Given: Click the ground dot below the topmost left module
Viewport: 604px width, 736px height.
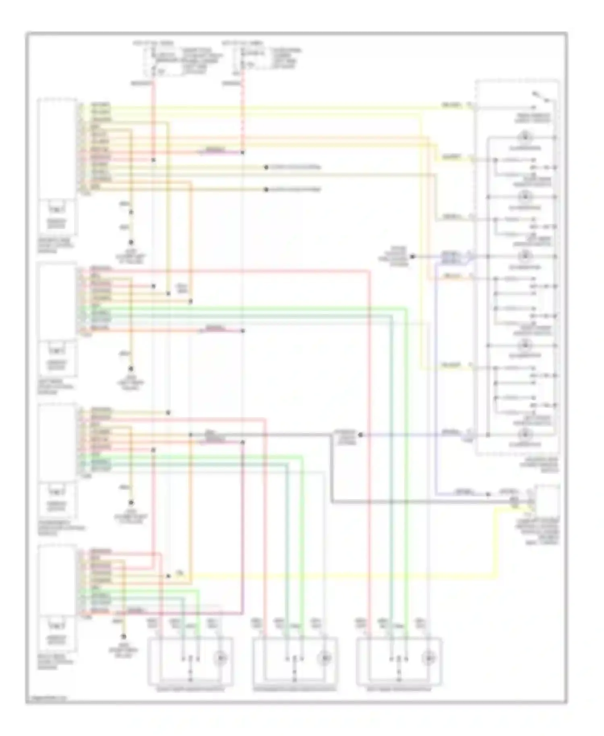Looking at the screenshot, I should coord(131,242).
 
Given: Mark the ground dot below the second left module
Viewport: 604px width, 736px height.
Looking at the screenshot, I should coord(131,369).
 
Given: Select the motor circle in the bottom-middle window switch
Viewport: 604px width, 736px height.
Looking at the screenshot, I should coord(325,659).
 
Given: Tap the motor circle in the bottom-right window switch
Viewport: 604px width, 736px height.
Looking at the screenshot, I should coord(428,659).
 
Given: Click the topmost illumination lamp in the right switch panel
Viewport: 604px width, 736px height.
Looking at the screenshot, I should coord(525,137).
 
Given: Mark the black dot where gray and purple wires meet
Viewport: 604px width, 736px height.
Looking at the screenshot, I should coord(361,435).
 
